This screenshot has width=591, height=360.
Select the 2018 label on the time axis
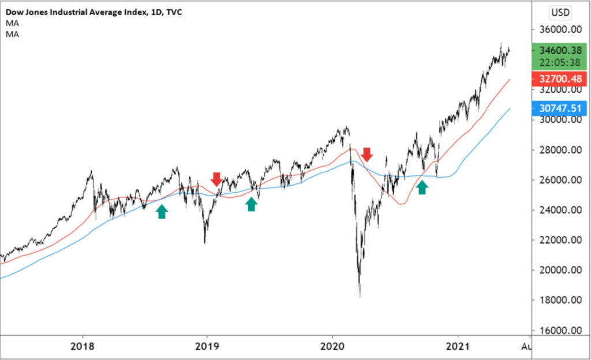[x=83, y=348]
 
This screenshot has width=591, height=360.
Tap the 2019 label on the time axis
[x=207, y=348]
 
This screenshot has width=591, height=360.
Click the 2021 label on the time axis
[x=458, y=348]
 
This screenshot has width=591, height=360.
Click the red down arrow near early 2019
[x=216, y=179]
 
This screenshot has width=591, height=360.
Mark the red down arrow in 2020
[x=367, y=154]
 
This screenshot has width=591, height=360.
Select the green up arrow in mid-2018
[x=162, y=211]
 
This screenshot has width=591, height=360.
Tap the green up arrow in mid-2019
[x=251, y=204]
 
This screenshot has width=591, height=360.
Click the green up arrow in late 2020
[x=422, y=186]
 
